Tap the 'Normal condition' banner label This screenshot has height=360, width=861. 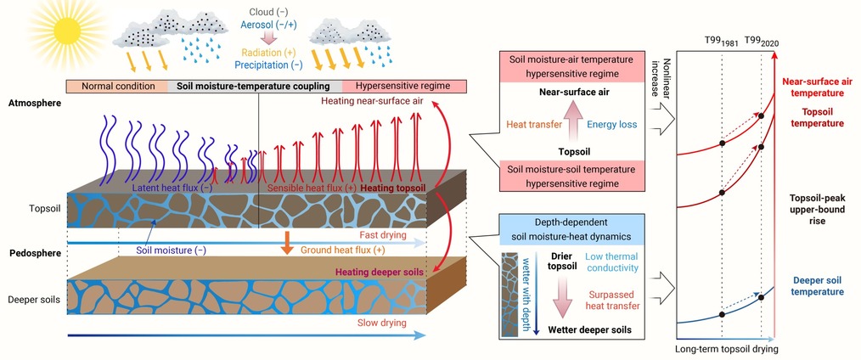[117, 86]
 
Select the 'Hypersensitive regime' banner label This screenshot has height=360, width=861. [402, 86]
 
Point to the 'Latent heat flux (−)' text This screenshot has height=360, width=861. [172, 188]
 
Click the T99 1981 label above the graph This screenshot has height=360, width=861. [722, 42]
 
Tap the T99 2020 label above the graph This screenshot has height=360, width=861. [762, 42]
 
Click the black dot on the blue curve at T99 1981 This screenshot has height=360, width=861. [722, 314]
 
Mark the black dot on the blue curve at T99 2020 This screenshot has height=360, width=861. [761, 297]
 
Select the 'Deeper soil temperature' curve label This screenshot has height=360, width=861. [819, 286]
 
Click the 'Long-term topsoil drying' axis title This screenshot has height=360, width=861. [727, 348]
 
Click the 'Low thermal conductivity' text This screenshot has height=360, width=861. [611, 262]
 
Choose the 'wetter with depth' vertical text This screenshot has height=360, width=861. [526, 294]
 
